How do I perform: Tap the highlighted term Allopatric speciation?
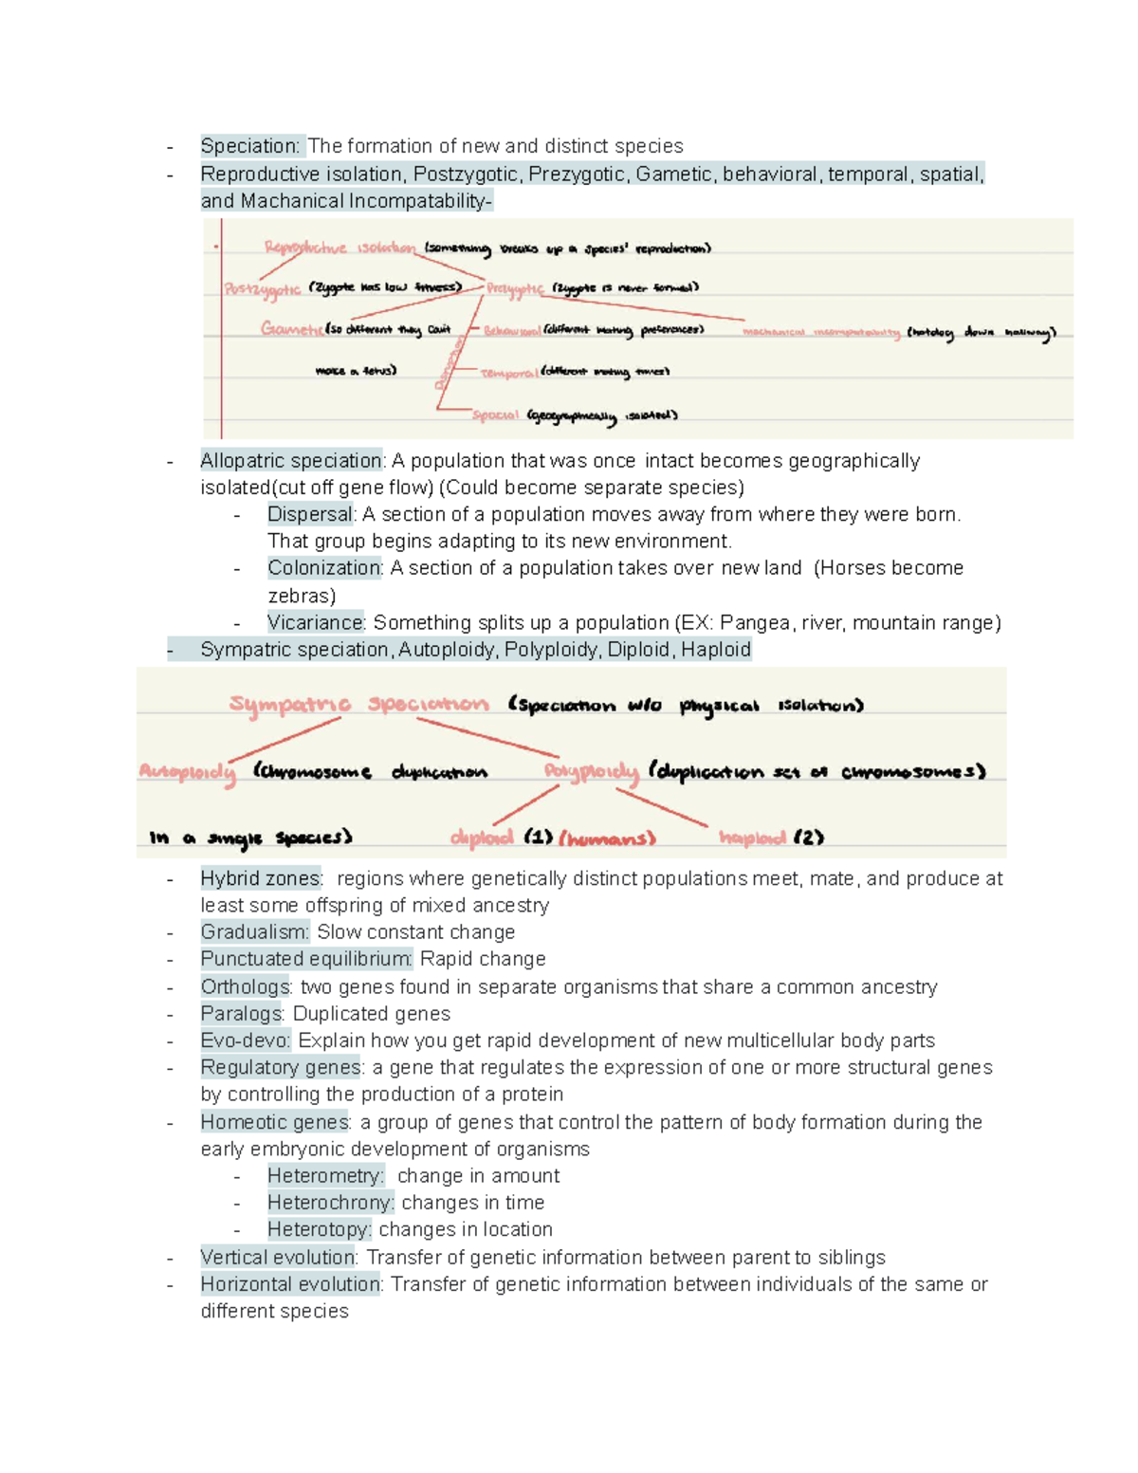291,461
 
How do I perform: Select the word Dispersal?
310,514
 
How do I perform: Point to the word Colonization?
324,568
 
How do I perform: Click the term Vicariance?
315,623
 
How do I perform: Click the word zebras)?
302,596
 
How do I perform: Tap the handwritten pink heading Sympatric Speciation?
358,704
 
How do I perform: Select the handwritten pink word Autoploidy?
187,771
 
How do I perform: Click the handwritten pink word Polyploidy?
592,771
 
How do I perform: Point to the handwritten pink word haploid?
752,838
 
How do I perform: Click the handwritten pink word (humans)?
607,838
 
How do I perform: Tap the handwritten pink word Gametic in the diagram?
291,329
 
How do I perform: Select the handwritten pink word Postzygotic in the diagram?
263,289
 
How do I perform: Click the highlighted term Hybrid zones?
261,879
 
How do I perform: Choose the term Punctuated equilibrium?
306,959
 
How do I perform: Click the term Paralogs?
242,1014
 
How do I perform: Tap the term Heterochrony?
330,1203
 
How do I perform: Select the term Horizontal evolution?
291,1284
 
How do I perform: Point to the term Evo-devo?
246,1040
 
